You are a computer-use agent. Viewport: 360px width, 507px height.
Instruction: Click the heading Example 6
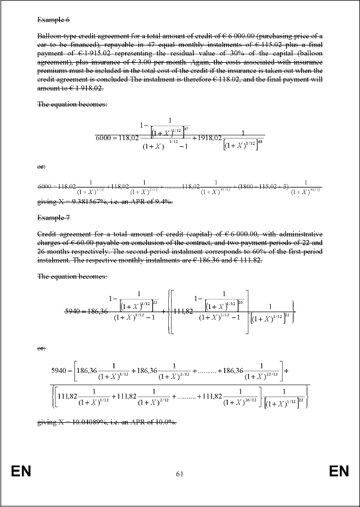[x=53, y=20]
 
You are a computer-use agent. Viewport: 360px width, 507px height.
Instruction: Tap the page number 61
[x=179, y=474]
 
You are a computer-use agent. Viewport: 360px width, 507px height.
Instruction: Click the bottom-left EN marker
[x=21, y=472]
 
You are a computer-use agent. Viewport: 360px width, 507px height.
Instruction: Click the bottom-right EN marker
[x=339, y=472]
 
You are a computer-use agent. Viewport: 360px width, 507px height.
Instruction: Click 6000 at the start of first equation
[x=105, y=139]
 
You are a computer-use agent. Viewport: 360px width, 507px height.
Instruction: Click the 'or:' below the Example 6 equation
[x=41, y=167]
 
